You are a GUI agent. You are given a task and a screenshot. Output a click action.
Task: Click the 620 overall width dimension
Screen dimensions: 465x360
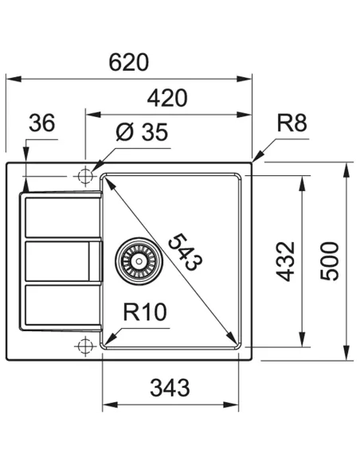[130, 61]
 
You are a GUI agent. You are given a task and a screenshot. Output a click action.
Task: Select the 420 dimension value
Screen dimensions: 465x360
[168, 98]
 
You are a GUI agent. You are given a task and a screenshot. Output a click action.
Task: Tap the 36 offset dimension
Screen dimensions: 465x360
[41, 124]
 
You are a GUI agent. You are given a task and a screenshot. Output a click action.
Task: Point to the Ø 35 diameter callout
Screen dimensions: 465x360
[141, 133]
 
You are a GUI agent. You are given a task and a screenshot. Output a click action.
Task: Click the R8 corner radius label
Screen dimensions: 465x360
[292, 123]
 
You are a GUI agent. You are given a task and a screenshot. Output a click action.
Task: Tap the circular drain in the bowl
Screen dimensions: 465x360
[139, 258]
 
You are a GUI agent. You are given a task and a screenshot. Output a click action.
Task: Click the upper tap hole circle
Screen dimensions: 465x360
[85, 174]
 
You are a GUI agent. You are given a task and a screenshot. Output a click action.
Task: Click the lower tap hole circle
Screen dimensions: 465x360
[85, 345]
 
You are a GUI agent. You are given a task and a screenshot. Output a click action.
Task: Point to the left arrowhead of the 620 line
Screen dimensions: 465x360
[10, 79]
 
